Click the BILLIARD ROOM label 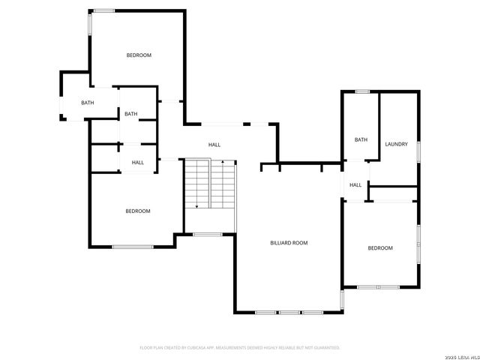pos(289,243)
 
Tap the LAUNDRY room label pos(396,144)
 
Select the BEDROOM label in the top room pos(139,55)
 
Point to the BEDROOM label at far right pos(379,248)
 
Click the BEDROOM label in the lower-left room pos(137,211)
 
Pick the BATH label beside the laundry pos(361,139)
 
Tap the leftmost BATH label pos(88,103)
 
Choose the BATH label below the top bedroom pos(131,114)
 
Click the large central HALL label pos(214,145)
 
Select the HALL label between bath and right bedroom pos(355,185)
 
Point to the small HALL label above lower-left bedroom pos(138,163)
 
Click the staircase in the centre pos(211,184)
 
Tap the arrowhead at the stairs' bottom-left pos(196,206)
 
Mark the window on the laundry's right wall pos(418,150)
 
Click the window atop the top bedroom pos(103,10)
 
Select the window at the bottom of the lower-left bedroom pos(133,247)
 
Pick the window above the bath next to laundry pos(363,91)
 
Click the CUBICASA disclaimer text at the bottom pos(240,348)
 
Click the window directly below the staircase pos(207,235)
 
